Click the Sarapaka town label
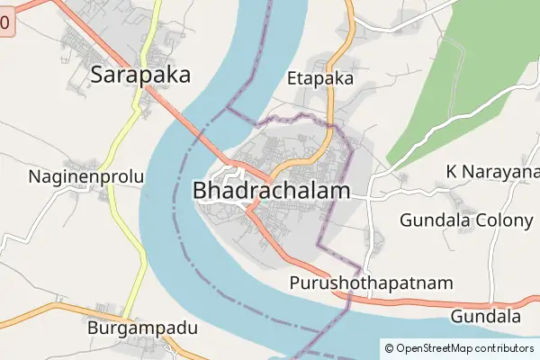point(141,75)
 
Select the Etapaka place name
point(319,78)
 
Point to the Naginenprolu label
point(85,176)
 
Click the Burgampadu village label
point(142,328)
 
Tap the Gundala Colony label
point(466,220)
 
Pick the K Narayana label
point(493,172)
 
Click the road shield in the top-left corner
point(4,24)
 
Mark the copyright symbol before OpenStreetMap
point(389,347)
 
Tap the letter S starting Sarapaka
point(98,75)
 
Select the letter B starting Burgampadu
point(93,328)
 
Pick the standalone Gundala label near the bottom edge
point(486,317)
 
